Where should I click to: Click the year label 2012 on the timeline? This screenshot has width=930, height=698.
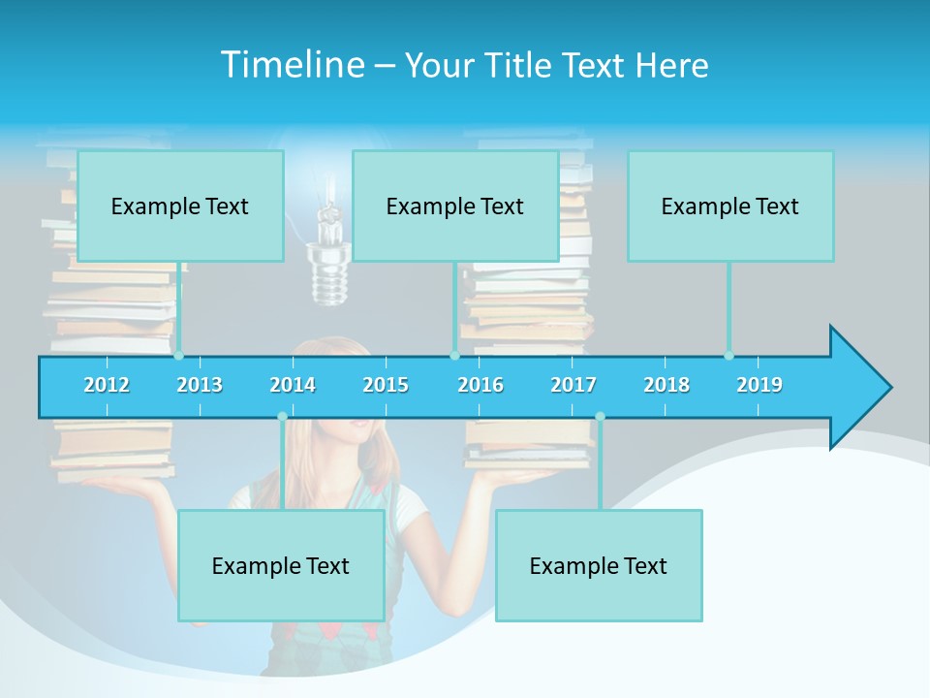(x=107, y=385)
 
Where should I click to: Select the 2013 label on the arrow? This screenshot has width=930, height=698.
(x=200, y=385)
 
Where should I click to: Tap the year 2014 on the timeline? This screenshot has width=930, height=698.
(x=293, y=385)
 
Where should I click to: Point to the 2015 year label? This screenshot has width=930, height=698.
(x=386, y=385)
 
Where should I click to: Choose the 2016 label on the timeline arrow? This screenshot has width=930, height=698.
(x=480, y=385)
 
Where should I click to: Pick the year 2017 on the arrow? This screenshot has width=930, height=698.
(x=573, y=385)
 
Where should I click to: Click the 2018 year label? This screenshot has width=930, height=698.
(x=666, y=385)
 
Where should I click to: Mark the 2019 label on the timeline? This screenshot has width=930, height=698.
(x=759, y=385)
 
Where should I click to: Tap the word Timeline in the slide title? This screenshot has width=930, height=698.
(x=292, y=65)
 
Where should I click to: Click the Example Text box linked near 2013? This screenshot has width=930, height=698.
(x=180, y=206)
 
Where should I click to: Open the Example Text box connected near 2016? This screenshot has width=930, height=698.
(x=455, y=206)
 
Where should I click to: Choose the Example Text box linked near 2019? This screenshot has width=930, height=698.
(x=730, y=206)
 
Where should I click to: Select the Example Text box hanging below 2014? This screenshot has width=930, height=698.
(x=281, y=565)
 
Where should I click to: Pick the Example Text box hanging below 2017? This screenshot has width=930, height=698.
(x=599, y=565)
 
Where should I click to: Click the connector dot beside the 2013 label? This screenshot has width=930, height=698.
(x=178, y=356)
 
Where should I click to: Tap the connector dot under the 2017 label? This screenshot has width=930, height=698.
(x=600, y=417)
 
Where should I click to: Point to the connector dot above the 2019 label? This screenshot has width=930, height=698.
(x=728, y=356)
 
